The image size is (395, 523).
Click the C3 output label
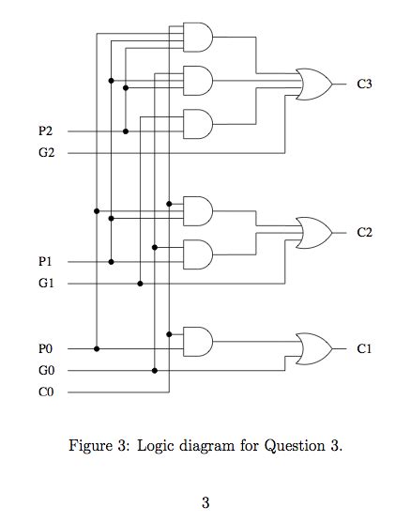coord(365,85)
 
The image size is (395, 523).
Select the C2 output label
coord(365,232)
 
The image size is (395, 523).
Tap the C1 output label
coord(365,348)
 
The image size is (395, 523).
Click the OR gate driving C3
coord(312,85)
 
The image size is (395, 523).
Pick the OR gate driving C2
coord(312,232)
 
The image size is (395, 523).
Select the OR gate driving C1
coord(312,348)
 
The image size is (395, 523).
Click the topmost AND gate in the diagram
coord(198,38)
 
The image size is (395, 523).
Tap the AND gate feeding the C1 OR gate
coord(198,341)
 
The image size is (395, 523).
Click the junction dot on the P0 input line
coord(97,348)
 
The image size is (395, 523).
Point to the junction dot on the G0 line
coord(154,370)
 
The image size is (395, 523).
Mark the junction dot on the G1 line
coord(140,283)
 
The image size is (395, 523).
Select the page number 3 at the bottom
coord(205,502)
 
